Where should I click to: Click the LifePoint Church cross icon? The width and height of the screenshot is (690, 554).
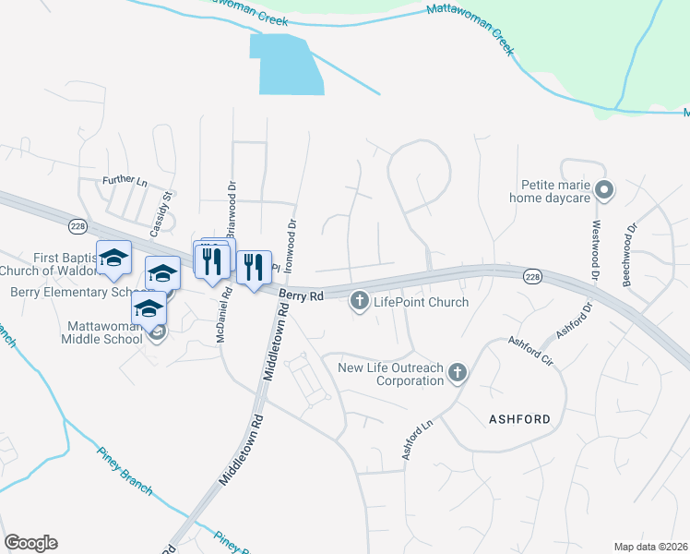(x=359, y=301)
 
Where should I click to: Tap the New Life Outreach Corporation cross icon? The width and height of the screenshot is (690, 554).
(x=456, y=374)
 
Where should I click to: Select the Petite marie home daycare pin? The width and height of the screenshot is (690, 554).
(x=605, y=191)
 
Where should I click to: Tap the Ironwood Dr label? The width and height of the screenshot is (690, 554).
(x=291, y=235)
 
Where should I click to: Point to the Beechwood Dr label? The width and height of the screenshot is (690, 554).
(x=632, y=253)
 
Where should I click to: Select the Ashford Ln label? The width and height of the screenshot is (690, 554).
(x=416, y=441)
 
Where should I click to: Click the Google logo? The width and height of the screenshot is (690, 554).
(x=30, y=543)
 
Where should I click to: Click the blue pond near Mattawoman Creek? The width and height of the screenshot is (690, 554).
(x=287, y=65)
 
